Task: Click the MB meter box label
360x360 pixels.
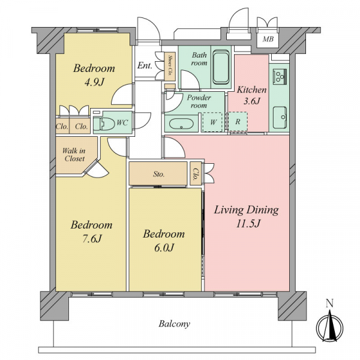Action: click(x=268, y=39)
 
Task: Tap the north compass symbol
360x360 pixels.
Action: click(x=329, y=326)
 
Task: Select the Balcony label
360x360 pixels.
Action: click(x=174, y=324)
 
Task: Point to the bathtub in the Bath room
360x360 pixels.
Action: click(x=221, y=67)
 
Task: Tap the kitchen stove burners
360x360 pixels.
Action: click(x=280, y=76)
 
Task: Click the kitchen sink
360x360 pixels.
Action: click(x=280, y=118)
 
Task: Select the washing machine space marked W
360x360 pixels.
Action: click(x=212, y=122)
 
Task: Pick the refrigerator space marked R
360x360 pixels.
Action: click(x=238, y=122)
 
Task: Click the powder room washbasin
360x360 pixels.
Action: click(x=181, y=124)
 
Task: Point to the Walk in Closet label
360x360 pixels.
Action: click(x=74, y=155)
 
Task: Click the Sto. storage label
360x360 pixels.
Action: click(x=158, y=174)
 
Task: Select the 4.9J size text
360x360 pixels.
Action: click(x=94, y=82)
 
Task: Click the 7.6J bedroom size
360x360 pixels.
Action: click(x=92, y=239)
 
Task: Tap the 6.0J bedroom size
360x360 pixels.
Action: click(x=164, y=248)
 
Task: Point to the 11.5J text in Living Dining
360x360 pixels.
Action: click(x=248, y=223)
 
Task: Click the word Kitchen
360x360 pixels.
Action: click(x=251, y=89)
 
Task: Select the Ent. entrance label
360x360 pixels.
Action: click(x=145, y=65)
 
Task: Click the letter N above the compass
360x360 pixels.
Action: click(x=329, y=304)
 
